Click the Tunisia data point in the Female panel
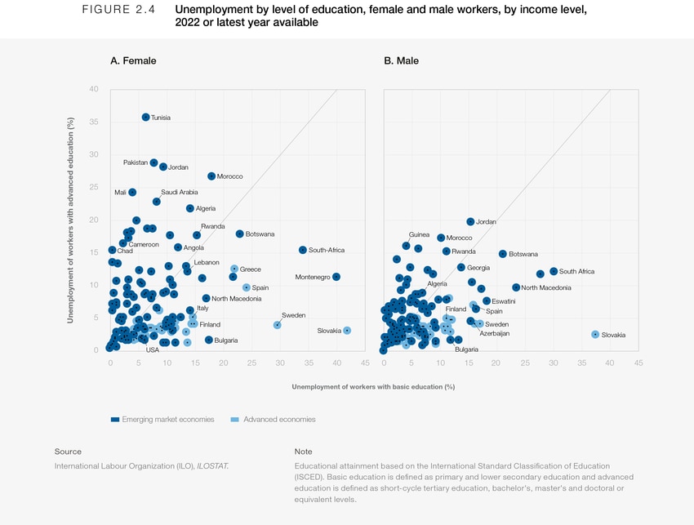(145, 118)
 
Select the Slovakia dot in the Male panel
(595, 334)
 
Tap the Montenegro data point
(336, 277)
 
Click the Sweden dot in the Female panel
(278, 324)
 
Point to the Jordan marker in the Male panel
(470, 221)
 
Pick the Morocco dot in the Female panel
(211, 176)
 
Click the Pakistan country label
(135, 162)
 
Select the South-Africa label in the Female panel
(327, 250)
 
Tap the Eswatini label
(504, 301)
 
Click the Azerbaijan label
(495, 333)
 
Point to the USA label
(153, 350)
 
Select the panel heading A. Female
(133, 60)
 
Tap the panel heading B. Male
(402, 60)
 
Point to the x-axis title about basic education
(373, 386)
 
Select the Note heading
(302, 451)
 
